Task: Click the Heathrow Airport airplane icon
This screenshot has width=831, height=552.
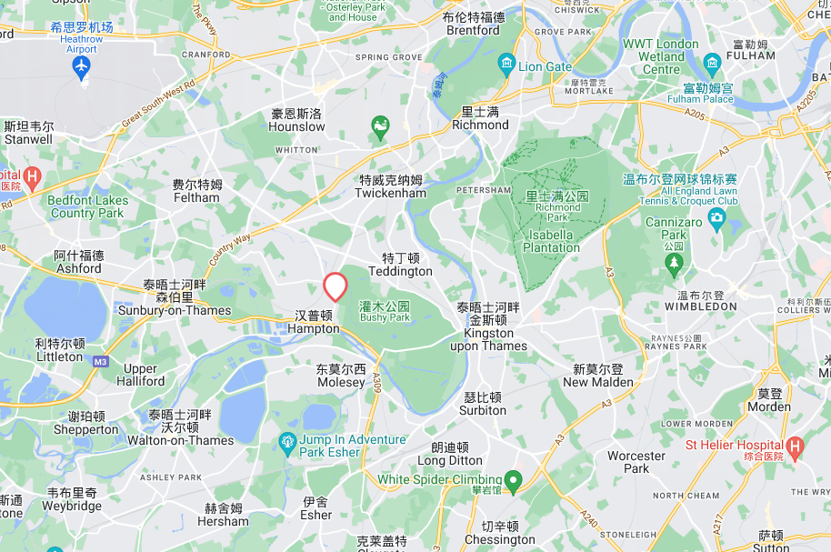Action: (x=82, y=67)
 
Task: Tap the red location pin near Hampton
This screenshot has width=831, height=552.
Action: (x=335, y=286)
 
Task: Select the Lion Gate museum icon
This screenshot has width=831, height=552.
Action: (x=506, y=65)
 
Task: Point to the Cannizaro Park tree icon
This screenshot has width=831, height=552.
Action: (x=674, y=265)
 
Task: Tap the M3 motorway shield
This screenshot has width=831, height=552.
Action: (x=100, y=360)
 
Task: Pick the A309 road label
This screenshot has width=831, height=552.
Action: (x=375, y=386)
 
